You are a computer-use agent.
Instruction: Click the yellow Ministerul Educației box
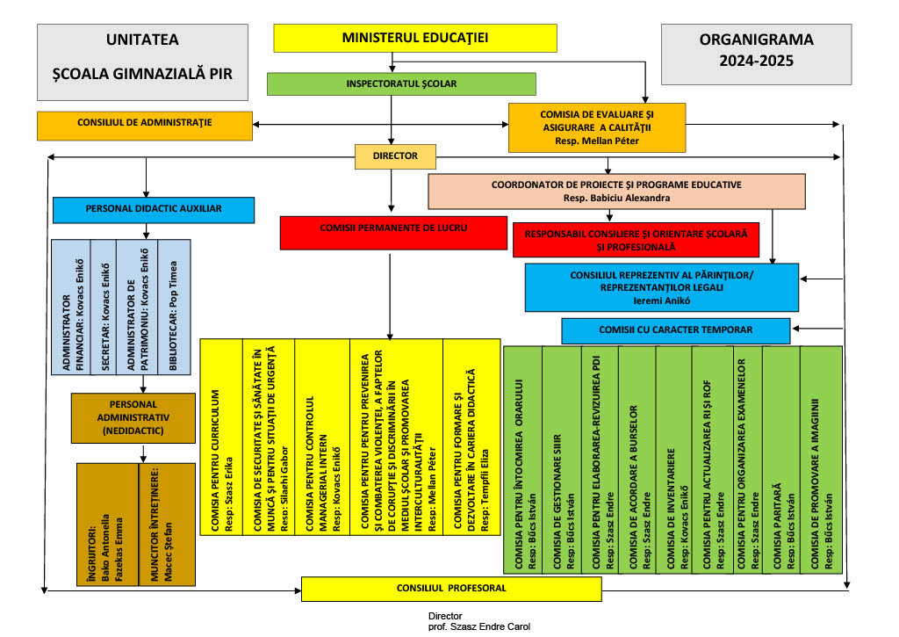415,38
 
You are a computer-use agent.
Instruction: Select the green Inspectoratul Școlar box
401,83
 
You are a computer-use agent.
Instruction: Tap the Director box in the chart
396,156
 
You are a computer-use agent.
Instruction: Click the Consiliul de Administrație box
145,125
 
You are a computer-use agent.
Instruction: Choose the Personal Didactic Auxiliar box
154,209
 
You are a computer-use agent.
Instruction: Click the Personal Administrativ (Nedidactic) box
133,417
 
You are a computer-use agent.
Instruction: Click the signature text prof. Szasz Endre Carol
479,626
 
